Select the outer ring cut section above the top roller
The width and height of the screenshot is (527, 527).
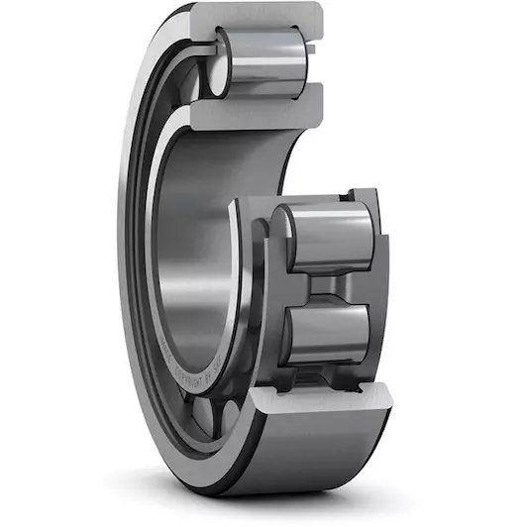coord(263,18)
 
